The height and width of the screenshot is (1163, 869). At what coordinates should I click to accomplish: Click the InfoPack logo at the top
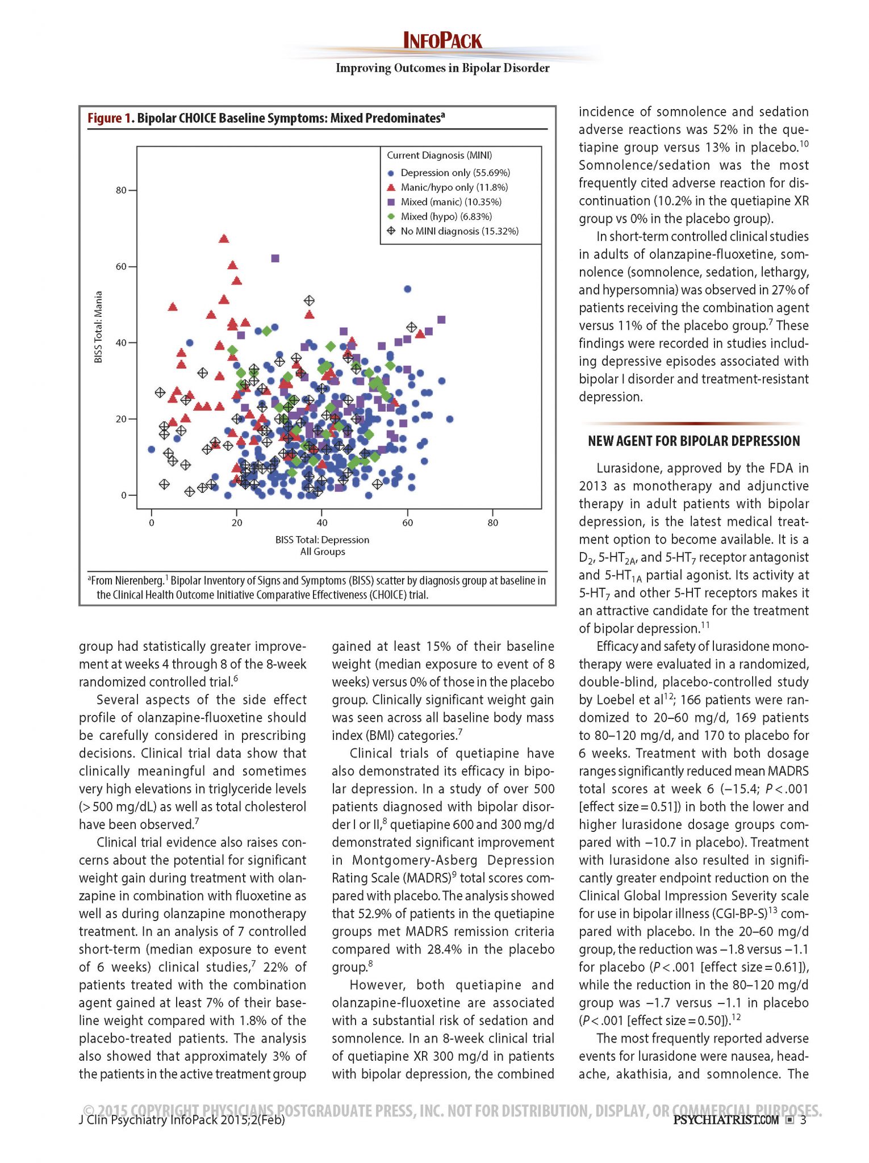tap(442, 41)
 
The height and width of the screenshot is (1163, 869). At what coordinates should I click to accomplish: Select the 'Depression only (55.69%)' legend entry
tap(455, 173)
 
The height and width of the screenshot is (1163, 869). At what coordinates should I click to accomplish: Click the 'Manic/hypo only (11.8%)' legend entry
tap(454, 187)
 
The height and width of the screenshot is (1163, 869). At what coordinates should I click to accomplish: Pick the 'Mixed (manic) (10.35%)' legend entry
tap(450, 202)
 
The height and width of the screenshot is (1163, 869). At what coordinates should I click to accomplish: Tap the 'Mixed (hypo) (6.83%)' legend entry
tap(446, 216)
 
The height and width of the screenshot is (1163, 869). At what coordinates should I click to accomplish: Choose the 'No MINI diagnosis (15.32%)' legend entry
tap(459, 231)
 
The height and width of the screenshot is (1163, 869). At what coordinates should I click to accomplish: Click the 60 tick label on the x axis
tap(407, 522)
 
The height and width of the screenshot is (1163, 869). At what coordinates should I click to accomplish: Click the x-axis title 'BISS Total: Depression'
tap(322, 539)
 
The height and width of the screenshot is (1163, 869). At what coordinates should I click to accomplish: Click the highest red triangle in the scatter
tap(224, 239)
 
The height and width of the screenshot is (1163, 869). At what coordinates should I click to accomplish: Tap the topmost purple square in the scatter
tap(275, 258)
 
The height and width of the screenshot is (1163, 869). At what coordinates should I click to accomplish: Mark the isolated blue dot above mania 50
tap(407, 289)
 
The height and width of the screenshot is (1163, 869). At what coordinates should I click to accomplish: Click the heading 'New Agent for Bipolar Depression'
tap(693, 441)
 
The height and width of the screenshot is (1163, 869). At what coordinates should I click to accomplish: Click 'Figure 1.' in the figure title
tap(105, 118)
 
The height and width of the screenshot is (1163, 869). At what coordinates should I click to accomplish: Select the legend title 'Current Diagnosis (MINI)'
tap(439, 156)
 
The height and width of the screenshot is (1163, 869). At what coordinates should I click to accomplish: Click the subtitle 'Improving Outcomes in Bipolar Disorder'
tap(442, 68)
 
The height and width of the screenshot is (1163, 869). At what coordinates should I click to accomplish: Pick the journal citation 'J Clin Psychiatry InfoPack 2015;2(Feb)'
tap(182, 1120)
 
